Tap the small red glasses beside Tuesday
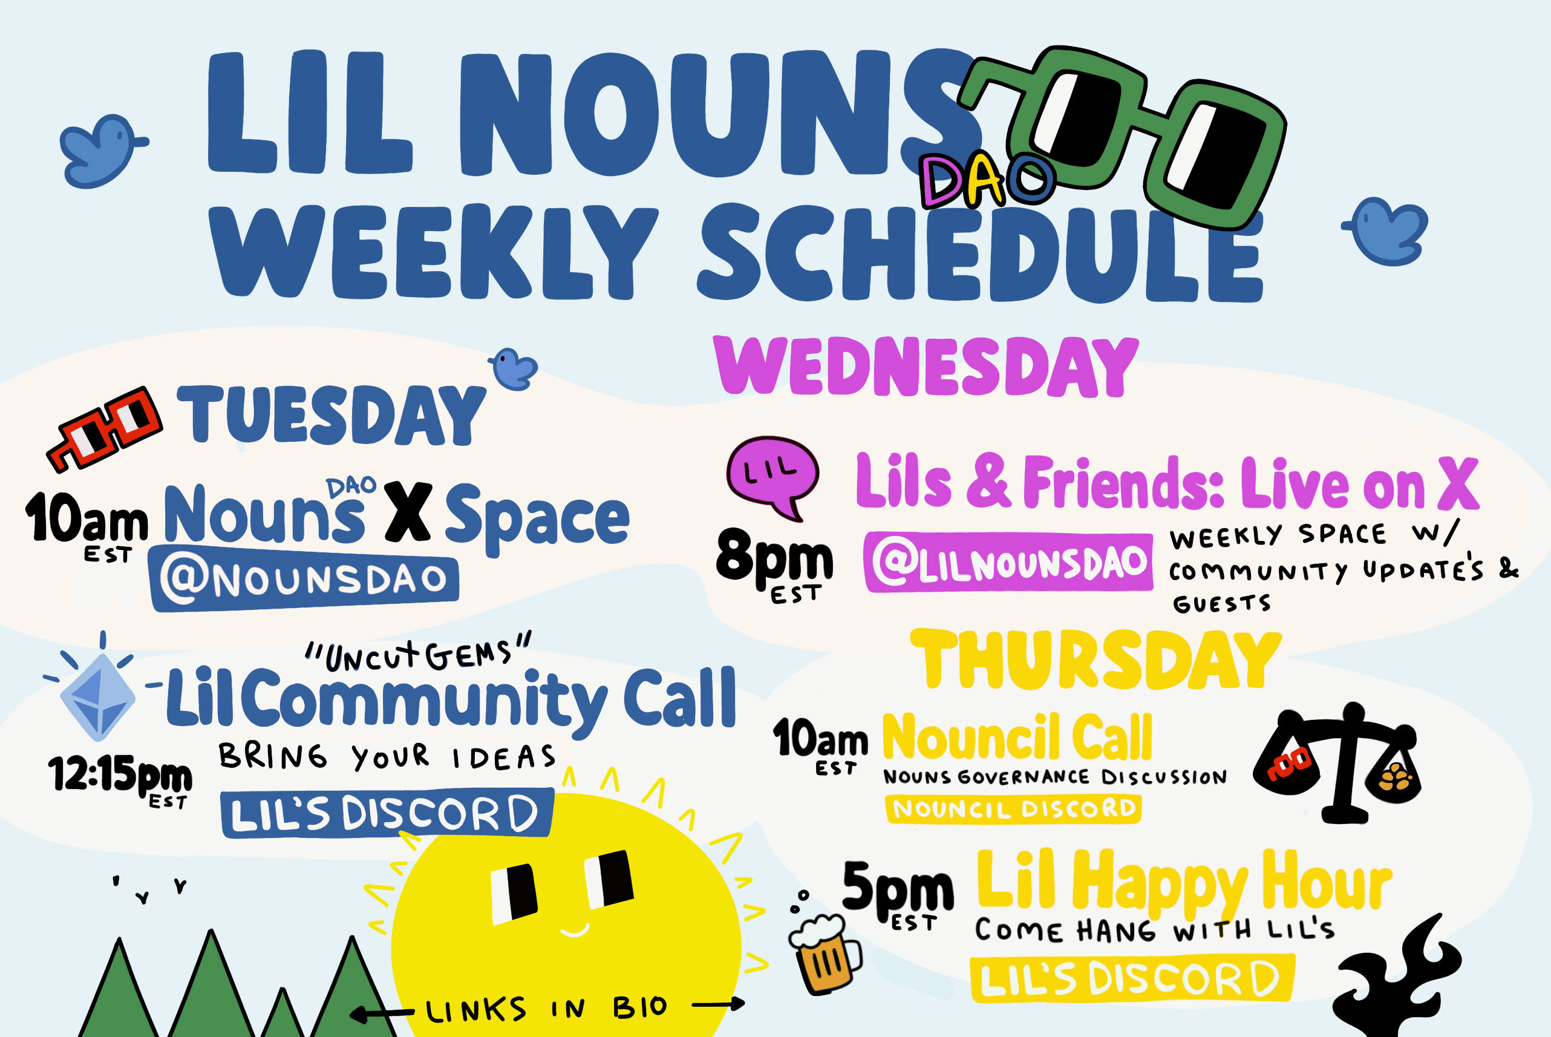104,428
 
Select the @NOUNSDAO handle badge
304,580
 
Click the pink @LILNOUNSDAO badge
1008,562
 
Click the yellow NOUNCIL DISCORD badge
1013,808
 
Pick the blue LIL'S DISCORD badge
387,814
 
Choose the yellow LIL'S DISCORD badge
1131,978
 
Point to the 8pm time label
774,564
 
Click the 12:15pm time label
120,779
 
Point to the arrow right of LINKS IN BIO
718,1004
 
